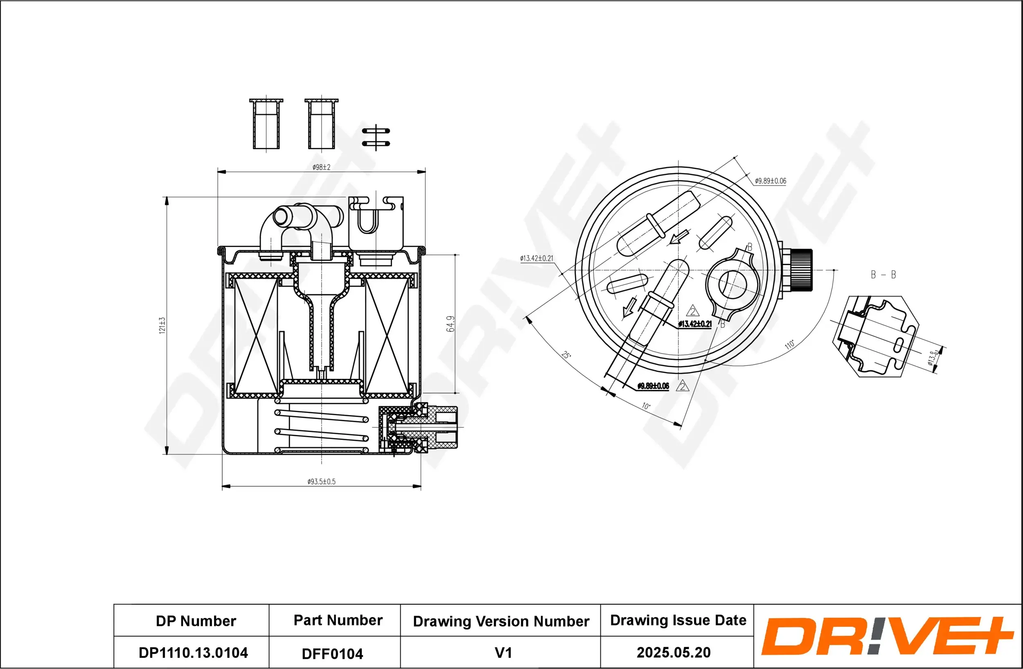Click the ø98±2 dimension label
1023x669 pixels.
coord(321,168)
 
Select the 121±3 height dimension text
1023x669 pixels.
coord(162,325)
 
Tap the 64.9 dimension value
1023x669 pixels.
coord(451,324)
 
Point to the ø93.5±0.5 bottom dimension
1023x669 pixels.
coord(321,481)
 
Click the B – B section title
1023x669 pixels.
coord(883,274)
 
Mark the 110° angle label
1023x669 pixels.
coord(790,345)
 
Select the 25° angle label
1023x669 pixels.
coord(566,355)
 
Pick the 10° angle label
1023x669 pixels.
coord(646,406)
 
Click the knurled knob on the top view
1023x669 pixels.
coord(801,270)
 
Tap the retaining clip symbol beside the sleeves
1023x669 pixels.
coord(376,137)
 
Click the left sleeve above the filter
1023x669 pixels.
coord(266,124)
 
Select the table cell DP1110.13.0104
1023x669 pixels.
coord(193,653)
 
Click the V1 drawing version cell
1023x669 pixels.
coord(503,653)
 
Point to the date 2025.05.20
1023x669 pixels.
coord(673,652)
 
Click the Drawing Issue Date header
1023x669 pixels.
coord(678,620)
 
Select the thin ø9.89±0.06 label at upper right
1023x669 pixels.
coord(770,181)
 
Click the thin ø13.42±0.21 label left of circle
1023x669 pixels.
coord(536,258)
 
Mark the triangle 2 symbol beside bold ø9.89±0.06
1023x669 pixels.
coord(682,386)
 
